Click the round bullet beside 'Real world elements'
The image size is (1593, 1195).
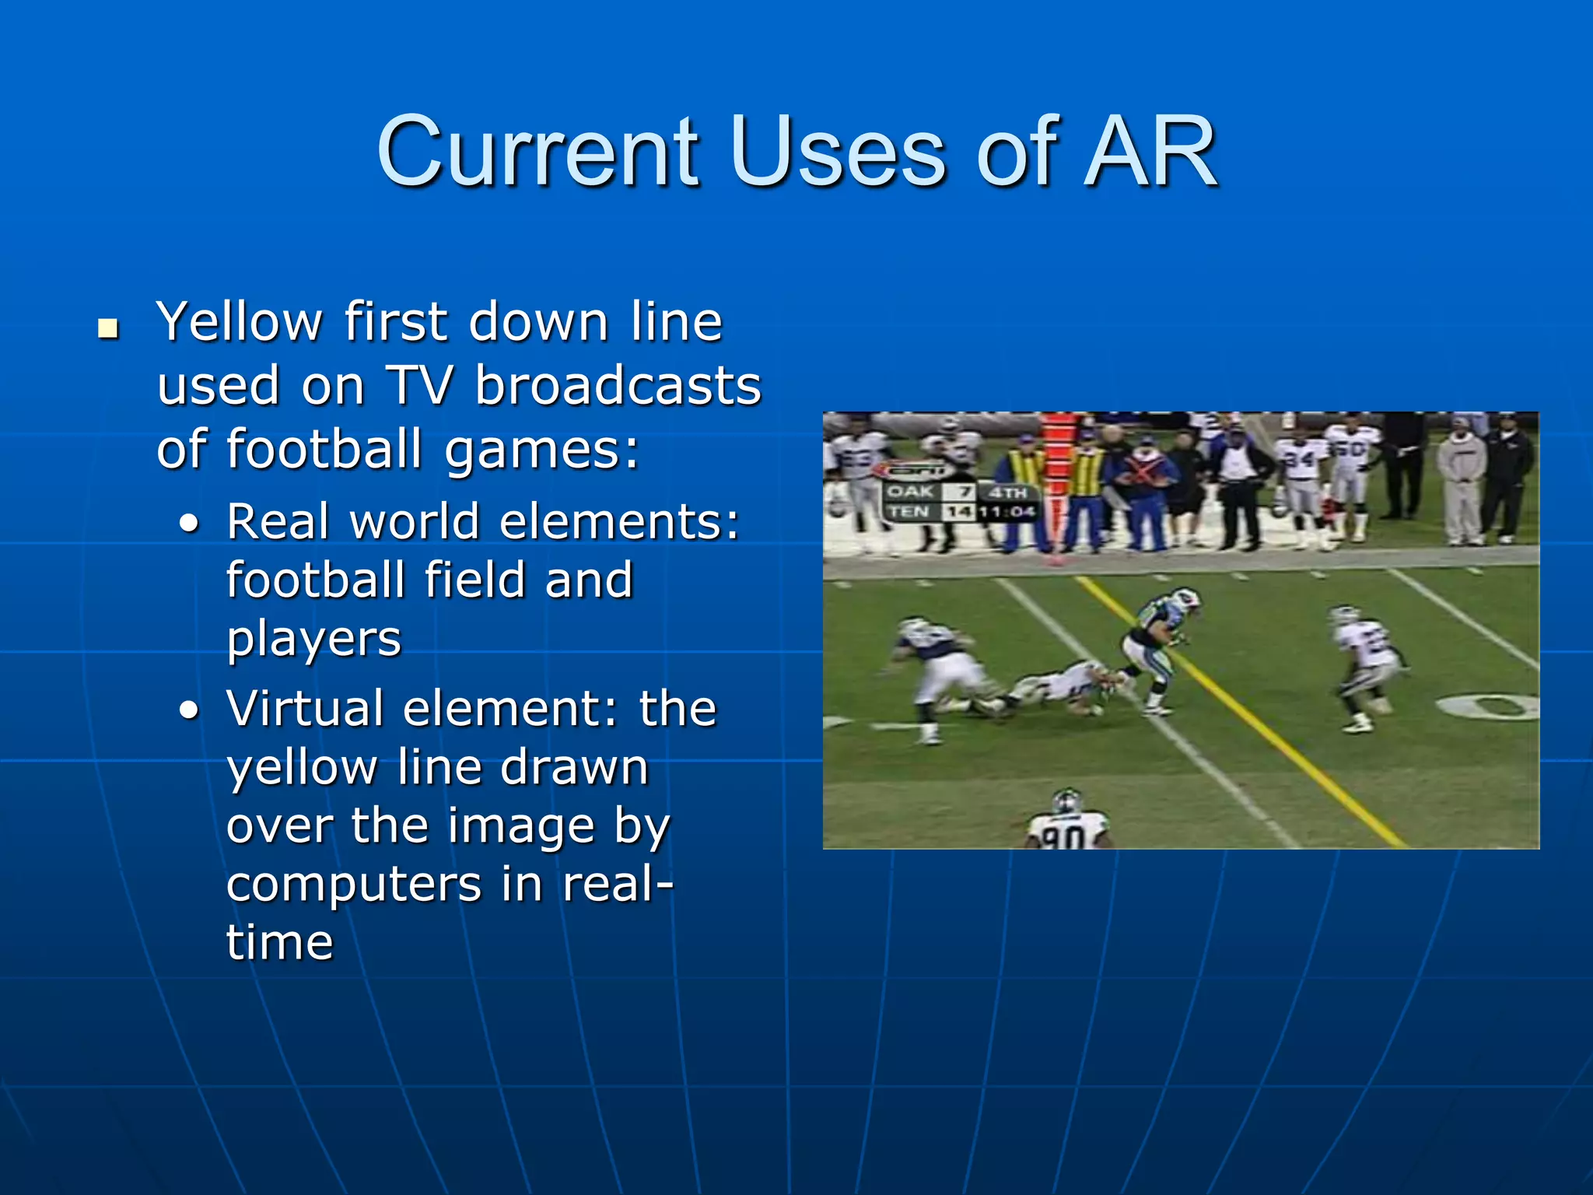(189, 524)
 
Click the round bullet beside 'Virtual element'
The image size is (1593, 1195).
(189, 710)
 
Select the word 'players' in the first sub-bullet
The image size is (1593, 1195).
(313, 640)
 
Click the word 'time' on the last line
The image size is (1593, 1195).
(280, 943)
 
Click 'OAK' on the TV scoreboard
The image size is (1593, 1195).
(909, 492)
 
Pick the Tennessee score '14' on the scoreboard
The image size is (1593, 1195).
(959, 512)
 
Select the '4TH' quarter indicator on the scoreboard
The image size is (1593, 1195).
(1008, 492)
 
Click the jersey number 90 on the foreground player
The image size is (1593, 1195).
(1063, 836)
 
